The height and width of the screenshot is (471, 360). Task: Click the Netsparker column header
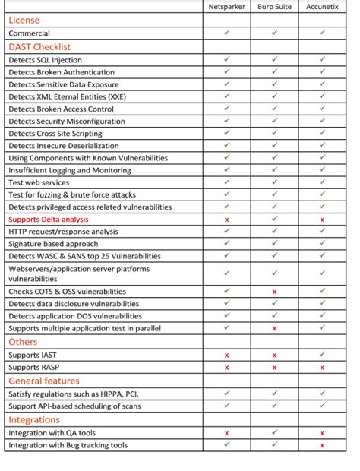pos(226,7)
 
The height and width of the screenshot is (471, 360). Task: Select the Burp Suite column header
pos(273,7)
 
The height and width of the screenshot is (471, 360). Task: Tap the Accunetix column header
pos(322,7)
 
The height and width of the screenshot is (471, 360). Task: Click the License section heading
pos(24,21)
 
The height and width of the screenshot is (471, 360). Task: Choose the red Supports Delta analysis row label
pos(49,220)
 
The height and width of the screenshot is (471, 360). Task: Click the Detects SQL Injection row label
pos(46,59)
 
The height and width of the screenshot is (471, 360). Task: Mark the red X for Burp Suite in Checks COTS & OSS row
pos(274,292)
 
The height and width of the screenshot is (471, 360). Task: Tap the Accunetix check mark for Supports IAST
pos(322,355)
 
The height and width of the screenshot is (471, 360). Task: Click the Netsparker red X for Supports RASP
pos(226,367)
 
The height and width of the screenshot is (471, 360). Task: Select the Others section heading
pos(23,342)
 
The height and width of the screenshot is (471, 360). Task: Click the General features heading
pos(44,381)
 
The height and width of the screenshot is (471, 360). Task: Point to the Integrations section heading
pos(34,419)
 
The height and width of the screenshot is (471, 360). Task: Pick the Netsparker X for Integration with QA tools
pos(226,433)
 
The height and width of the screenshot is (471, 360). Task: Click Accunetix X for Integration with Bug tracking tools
pos(322,445)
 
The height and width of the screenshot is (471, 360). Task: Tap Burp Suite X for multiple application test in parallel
pos(274,328)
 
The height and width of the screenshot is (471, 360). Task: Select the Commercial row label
pos(30,33)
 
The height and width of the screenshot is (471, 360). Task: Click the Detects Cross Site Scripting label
pos(57,133)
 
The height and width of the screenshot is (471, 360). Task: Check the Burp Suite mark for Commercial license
pos(274,33)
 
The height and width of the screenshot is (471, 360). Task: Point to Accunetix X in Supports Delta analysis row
pos(322,220)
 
